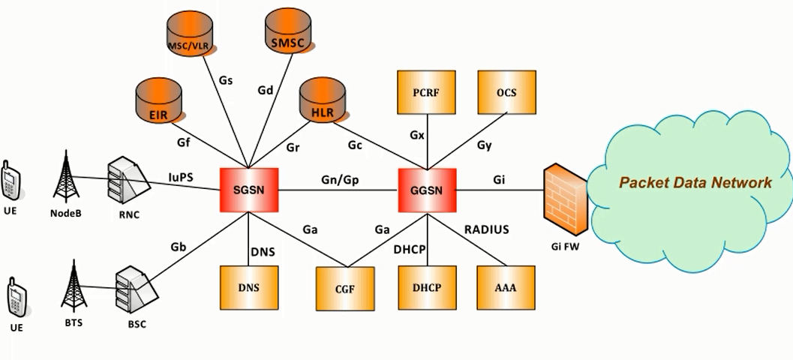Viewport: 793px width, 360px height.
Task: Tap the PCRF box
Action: pyautogui.click(x=425, y=93)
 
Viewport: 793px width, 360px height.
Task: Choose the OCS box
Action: pyautogui.click(x=507, y=93)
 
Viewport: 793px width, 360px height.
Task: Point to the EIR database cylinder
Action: pyautogui.click(x=158, y=105)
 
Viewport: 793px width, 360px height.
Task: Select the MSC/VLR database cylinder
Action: pyautogui.click(x=189, y=37)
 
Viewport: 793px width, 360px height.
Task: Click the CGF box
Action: pyautogui.click(x=344, y=289)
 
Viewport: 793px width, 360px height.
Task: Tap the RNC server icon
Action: pyautogui.click(x=124, y=182)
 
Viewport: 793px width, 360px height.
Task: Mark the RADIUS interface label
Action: pyautogui.click(x=486, y=230)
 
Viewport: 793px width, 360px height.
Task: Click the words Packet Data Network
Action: pyautogui.click(x=695, y=182)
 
